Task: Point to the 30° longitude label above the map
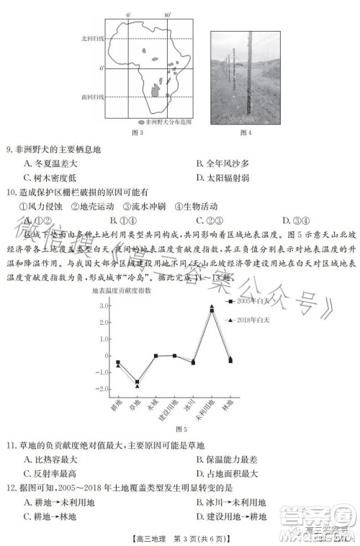(x=167, y=14)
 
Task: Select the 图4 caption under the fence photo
(x=245, y=132)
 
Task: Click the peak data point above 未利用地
(x=212, y=308)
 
